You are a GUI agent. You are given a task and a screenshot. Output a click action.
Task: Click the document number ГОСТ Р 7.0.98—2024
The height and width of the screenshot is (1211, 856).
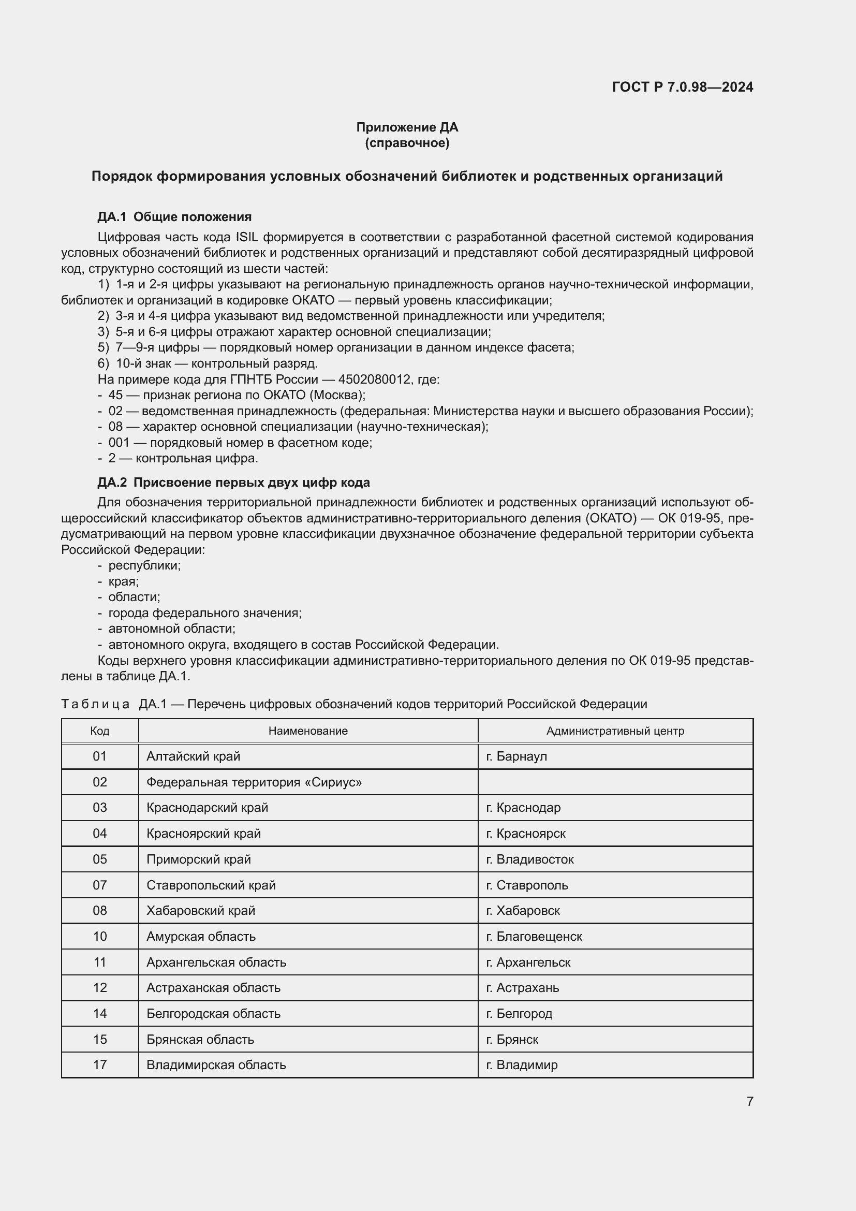coord(682,87)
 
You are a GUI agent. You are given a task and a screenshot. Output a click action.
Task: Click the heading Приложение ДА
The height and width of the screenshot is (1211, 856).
coord(407,127)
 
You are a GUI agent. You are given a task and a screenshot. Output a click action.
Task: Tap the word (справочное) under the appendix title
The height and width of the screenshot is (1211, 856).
coord(407,143)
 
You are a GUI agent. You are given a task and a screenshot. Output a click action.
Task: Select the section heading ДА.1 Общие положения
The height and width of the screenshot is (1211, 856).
coord(174,217)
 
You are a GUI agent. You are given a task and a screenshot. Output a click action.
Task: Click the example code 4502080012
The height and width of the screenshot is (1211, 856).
coord(374,379)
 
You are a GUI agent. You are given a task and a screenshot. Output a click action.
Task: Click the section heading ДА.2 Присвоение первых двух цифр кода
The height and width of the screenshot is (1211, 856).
coord(233,483)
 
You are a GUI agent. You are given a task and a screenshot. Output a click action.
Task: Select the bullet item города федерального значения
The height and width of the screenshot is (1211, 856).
coord(204,613)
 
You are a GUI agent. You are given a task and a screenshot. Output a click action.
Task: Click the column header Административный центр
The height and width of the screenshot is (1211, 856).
coord(615,731)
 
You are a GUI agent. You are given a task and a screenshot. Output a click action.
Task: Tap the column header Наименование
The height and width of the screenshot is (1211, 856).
coord(308,731)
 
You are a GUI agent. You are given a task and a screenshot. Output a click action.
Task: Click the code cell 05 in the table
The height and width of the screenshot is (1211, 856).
coord(99,859)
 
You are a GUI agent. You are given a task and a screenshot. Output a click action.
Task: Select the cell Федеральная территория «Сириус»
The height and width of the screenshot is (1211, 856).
coord(254,782)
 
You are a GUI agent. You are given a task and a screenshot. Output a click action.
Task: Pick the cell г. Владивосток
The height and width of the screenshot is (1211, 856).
coord(530,859)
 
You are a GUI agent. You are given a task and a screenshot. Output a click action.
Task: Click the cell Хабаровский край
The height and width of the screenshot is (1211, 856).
coord(201,911)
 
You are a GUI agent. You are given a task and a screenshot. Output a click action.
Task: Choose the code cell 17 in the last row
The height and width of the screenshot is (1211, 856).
coord(99,1065)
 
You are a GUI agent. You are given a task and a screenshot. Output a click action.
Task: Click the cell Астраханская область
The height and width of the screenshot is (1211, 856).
coord(213,988)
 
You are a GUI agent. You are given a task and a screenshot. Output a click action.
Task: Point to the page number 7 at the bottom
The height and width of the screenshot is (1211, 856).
coord(749,1101)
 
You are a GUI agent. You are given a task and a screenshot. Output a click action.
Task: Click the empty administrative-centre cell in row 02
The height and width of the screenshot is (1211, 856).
coord(615,782)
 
